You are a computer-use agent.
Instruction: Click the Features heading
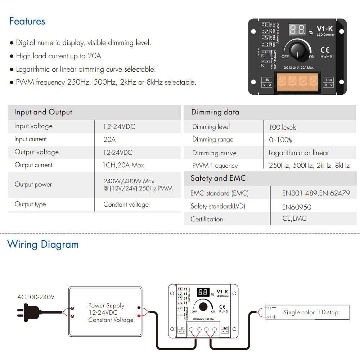point(27,21)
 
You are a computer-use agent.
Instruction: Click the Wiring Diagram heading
point(43,244)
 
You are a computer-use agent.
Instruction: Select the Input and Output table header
point(43,112)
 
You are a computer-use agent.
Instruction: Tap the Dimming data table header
point(215,112)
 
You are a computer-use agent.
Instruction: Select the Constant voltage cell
point(126,204)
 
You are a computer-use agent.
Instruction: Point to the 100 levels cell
point(283,127)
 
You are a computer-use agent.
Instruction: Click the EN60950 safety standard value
point(297,207)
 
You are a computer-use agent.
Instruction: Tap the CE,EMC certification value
point(294,219)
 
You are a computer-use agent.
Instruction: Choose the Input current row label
point(31,139)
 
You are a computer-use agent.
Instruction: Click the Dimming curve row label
point(214,153)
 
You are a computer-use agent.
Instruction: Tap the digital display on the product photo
point(298,30)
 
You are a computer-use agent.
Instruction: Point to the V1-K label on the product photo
point(325,29)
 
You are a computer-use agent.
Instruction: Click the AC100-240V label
point(36,297)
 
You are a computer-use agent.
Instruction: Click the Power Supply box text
point(111,312)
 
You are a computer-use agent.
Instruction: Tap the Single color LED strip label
point(311,312)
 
